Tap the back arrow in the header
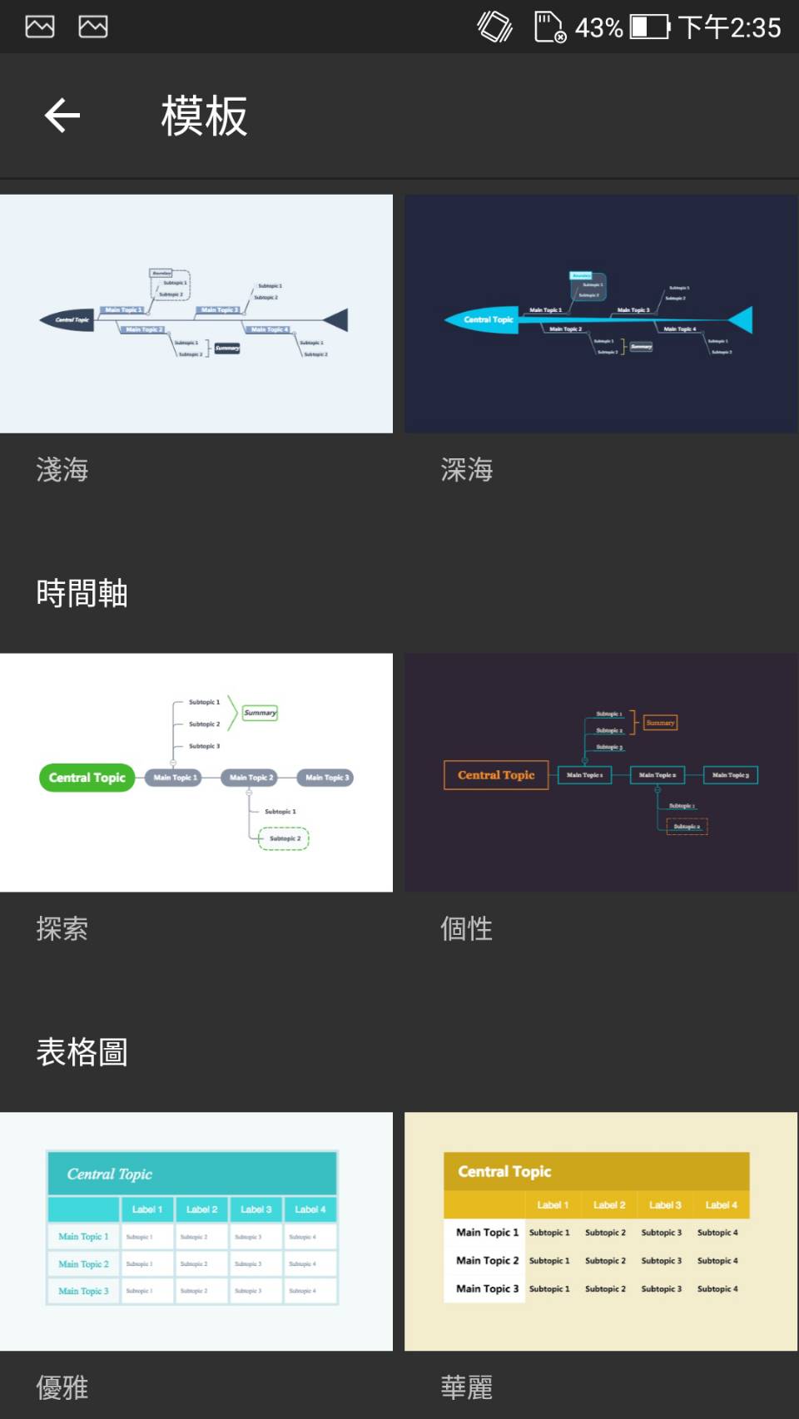pos(62,116)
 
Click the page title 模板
pos(204,116)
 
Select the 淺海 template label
pos(62,470)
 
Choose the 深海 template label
pos(467,470)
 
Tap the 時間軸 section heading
pos(82,594)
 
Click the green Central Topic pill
pos(87,778)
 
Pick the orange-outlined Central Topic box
pos(496,775)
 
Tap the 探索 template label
pos(62,929)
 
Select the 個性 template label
pos(467,929)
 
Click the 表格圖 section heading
pos(82,1053)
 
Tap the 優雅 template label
pos(62,1387)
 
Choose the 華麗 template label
pos(467,1387)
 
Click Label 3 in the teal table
pos(256,1209)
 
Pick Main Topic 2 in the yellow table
pos(487,1261)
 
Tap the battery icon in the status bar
pos(650,27)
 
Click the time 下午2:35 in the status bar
pos(730,27)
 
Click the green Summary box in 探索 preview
pos(260,713)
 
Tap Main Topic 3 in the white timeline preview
pos(326,778)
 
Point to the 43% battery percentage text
pos(598,27)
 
